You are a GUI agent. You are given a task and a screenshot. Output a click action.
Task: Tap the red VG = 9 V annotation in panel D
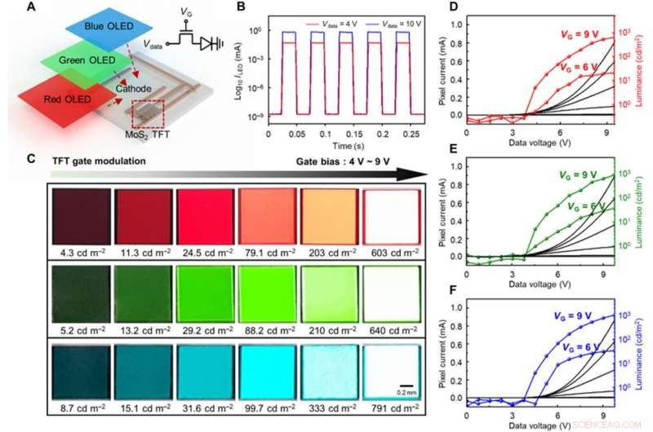[x=582, y=35]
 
